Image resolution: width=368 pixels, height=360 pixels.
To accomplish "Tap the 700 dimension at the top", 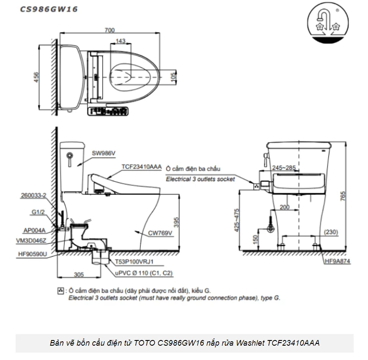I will pyautogui.click(x=110, y=30).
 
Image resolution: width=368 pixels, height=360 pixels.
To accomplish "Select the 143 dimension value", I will pyautogui.click(x=121, y=41).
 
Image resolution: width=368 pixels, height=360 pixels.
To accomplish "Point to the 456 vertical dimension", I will pyautogui.click(x=37, y=77).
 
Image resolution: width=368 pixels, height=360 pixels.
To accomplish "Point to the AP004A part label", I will pyautogui.click(x=36, y=231).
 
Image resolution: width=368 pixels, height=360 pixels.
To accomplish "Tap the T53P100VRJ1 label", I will pyautogui.click(x=135, y=262).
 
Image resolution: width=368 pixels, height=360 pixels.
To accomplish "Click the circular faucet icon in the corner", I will pyautogui.click(x=328, y=23).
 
